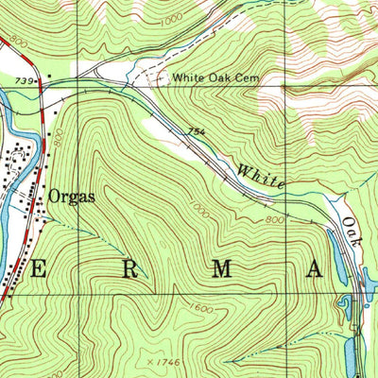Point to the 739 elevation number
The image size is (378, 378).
24,82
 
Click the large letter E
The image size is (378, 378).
40,268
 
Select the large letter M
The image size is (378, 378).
222,268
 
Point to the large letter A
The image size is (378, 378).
314,268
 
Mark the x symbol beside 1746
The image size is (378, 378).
151,362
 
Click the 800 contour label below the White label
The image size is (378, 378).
274,219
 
